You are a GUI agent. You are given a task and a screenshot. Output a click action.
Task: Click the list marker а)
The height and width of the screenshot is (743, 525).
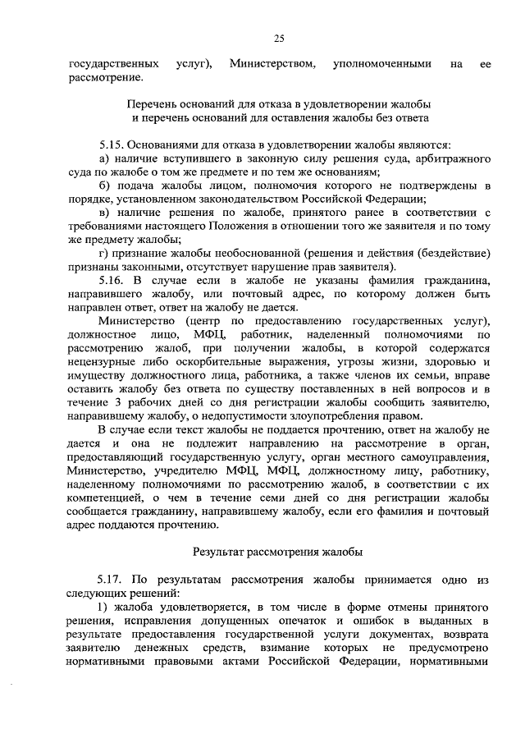pos(103,158)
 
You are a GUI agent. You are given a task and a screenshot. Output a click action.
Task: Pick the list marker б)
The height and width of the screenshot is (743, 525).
pos(103,186)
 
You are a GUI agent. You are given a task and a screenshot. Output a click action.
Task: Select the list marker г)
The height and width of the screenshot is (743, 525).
pos(103,252)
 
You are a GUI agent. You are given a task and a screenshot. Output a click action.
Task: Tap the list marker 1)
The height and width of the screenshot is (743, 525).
pos(103,606)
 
